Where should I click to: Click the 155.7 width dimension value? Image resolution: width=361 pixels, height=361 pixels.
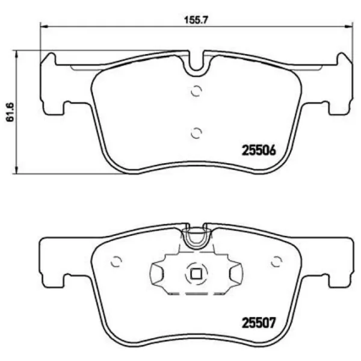[196, 20]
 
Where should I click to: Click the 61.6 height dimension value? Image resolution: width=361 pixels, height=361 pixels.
[10, 112]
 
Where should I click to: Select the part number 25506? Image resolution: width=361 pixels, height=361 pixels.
[259, 151]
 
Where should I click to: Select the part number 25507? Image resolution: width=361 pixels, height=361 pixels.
[259, 322]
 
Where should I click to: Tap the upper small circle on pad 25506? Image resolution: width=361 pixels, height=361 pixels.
[196, 91]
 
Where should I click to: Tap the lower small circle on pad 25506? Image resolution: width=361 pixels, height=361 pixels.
[196, 133]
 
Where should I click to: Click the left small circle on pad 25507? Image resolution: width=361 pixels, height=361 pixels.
[116, 262]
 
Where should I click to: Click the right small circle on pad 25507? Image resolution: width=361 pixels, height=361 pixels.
[277, 262]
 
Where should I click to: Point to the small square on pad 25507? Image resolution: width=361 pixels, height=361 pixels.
[196, 274]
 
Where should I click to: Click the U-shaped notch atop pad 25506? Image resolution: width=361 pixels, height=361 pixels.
[196, 69]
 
